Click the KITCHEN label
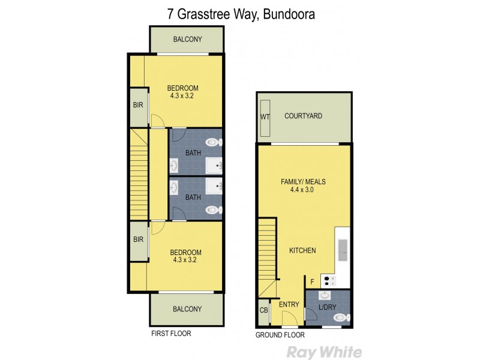(302, 250)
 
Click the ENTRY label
(289, 305)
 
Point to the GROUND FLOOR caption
(280, 335)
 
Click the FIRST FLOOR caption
(171, 334)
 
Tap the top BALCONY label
(187, 40)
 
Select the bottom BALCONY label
(187, 310)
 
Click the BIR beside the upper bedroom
(137, 104)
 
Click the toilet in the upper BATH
(212, 143)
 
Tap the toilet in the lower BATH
(212, 210)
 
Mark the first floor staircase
(139, 174)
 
